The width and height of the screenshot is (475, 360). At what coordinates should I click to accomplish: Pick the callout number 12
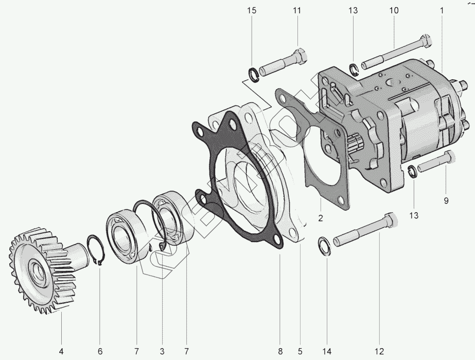(379, 352)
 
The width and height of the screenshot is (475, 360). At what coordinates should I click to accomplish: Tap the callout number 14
(327, 352)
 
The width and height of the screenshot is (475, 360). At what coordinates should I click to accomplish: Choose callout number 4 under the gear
(61, 352)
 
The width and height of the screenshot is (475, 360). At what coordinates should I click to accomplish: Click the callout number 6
(100, 352)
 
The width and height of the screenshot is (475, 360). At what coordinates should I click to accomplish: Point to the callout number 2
(320, 218)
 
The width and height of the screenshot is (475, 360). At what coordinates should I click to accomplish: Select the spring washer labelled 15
(253, 74)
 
